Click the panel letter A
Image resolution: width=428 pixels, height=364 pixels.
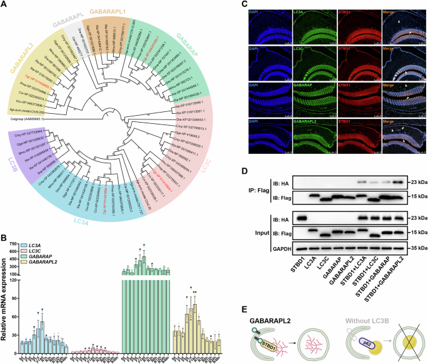pos(4,4)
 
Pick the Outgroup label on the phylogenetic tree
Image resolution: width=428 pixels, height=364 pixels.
pos(24,119)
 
